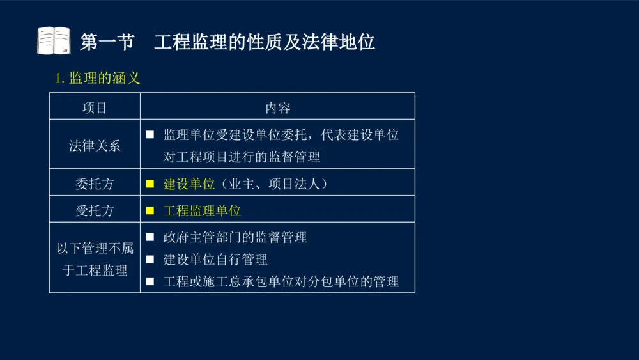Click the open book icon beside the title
[x=54, y=41]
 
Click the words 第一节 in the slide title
[x=107, y=42]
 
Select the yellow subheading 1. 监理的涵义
[x=97, y=79]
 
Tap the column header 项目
[x=95, y=107]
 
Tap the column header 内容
[x=278, y=107]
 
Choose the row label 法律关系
[x=95, y=145]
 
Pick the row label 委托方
[x=95, y=184]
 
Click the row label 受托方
[x=95, y=210]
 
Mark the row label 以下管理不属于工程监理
[x=95, y=259]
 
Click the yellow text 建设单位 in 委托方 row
[x=189, y=184]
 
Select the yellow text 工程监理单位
[x=202, y=210]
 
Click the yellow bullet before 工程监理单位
[x=150, y=210]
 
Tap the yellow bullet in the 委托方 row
[x=150, y=184]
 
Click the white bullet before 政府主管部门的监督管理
[x=150, y=237]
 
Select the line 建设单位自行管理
[x=215, y=260]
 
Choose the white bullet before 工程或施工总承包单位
[x=150, y=281]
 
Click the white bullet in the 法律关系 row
[x=150, y=135]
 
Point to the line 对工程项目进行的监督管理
[x=242, y=157]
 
